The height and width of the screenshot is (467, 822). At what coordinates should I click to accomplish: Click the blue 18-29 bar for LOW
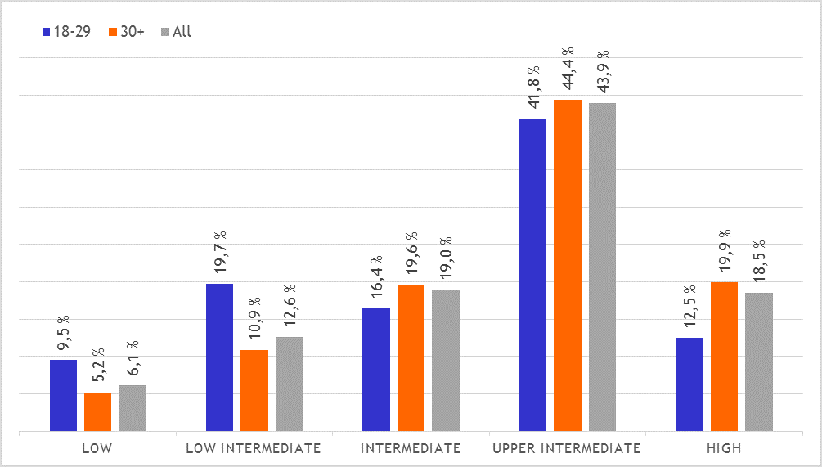coord(63,395)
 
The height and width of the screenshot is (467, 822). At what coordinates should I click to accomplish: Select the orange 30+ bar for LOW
coord(97,411)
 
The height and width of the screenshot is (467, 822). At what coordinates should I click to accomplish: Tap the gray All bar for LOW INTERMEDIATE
coord(289,384)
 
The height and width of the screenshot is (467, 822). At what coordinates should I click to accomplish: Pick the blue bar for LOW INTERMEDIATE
coord(219,357)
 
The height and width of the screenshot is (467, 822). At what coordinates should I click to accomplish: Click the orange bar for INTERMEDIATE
coord(411,357)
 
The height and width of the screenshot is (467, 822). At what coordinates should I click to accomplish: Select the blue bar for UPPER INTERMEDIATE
coord(532,275)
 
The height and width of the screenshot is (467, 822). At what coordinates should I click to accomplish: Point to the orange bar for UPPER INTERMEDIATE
coord(568,265)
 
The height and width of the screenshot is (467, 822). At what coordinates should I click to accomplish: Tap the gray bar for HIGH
coord(759,361)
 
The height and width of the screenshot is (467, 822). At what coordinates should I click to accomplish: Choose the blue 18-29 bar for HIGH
coord(689,384)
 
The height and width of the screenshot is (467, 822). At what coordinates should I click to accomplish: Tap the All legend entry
coord(177,32)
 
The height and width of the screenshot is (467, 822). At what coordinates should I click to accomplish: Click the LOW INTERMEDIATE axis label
coord(254,448)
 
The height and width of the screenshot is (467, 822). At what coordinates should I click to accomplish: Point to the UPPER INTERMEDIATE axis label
coord(566,448)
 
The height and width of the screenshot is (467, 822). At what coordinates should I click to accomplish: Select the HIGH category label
coord(724,448)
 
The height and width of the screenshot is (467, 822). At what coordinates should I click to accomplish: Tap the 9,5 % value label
coord(63,335)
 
